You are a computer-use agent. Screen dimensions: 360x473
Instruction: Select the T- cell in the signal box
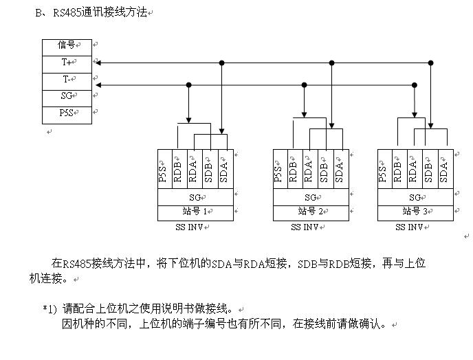(x=67, y=80)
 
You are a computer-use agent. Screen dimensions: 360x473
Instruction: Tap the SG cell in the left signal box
(x=67, y=97)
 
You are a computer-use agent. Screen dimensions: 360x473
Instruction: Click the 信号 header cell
(x=67, y=46)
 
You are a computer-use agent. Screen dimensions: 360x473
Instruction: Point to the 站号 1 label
(x=195, y=212)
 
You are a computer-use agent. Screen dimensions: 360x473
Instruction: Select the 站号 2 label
(x=311, y=212)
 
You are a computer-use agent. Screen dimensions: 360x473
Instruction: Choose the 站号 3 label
(x=415, y=212)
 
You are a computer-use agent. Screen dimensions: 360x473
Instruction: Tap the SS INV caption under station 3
(x=411, y=227)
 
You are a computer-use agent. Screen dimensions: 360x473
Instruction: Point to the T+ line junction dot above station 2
(x=331, y=63)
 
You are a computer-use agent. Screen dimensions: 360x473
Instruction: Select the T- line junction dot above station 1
(x=189, y=85)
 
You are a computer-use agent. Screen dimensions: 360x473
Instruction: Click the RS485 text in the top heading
(x=65, y=12)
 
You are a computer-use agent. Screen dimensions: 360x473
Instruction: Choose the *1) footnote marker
(x=49, y=308)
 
